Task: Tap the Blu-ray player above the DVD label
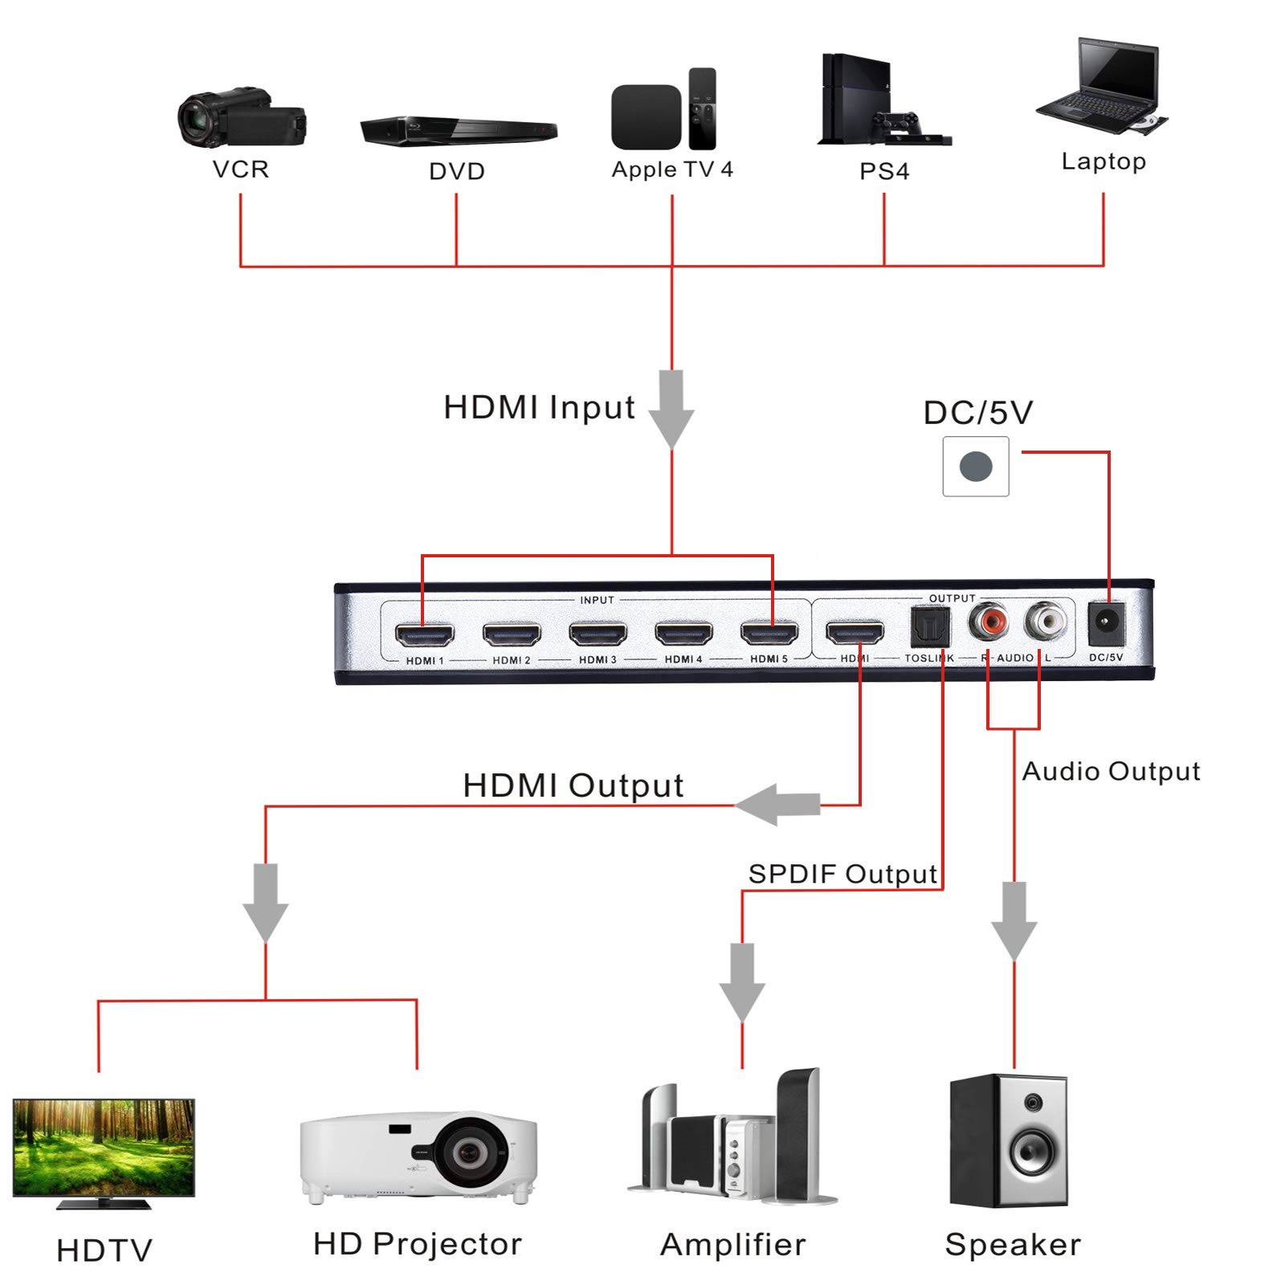point(458,130)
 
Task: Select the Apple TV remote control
point(702,108)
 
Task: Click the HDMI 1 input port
point(424,634)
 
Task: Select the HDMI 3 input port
point(598,634)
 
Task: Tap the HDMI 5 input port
point(769,634)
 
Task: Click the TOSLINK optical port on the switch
point(930,626)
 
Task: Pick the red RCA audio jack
point(988,621)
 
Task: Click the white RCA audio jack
point(1045,620)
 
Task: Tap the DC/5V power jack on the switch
point(1106,623)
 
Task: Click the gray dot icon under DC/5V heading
point(976,467)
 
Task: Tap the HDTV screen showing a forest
point(104,1148)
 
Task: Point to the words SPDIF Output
point(842,874)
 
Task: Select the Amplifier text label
point(732,1245)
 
